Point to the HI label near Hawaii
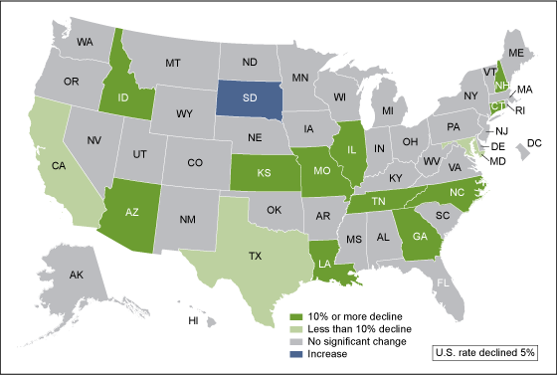(x=194, y=321)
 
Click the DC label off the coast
(x=532, y=144)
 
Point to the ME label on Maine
(x=516, y=52)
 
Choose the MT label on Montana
(x=171, y=62)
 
